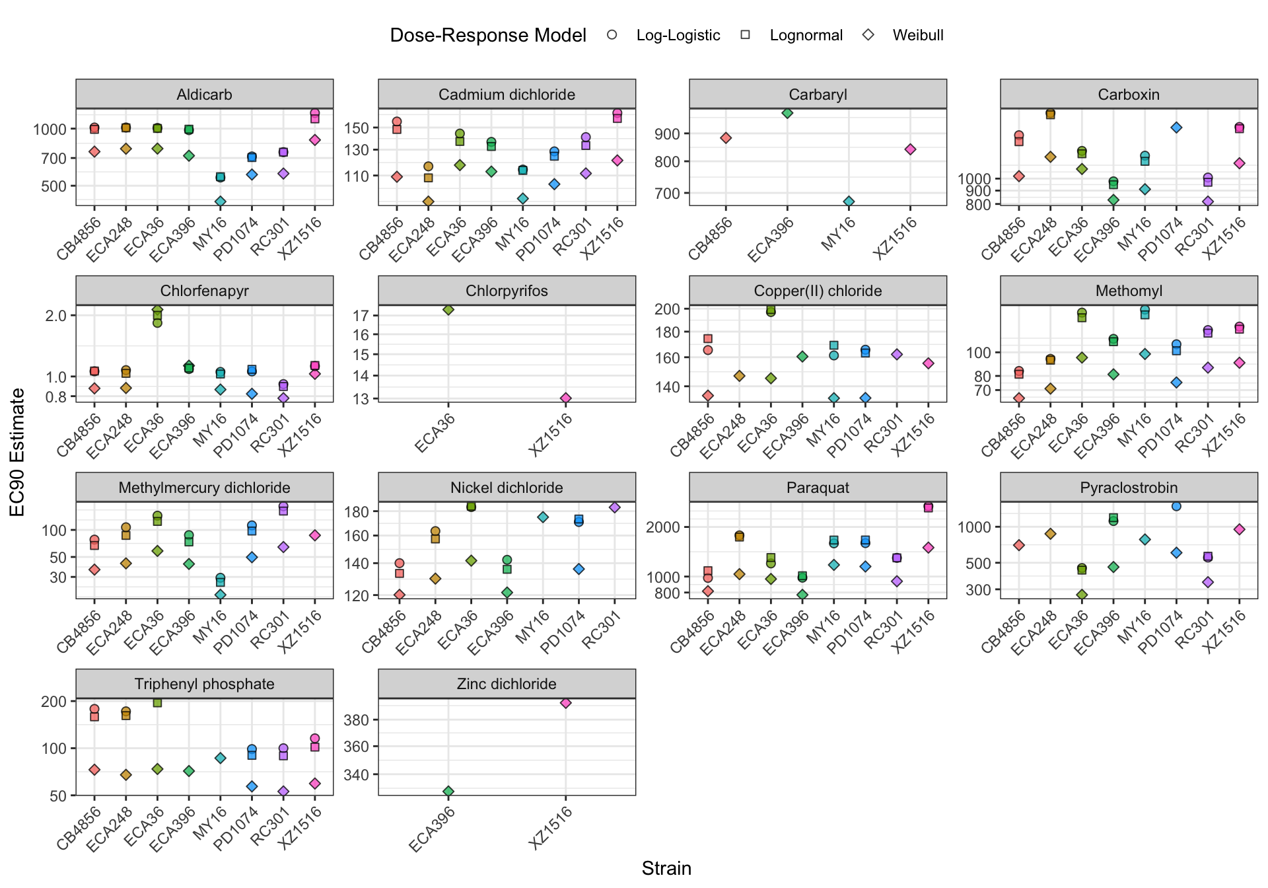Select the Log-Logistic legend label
pos(678,35)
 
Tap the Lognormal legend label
pos(806,35)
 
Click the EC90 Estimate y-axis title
pos(18,452)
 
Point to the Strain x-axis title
pos(666,868)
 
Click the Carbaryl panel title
pos(818,94)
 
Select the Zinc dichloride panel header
pos(507,684)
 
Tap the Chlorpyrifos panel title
pos(507,291)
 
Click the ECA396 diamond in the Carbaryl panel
pos(787,113)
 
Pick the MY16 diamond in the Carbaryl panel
pos(849,202)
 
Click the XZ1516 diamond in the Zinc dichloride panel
pos(565,703)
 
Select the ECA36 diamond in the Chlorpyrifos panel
pos(448,309)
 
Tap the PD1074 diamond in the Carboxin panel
pos(1176,128)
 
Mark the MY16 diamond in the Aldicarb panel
pos(221,202)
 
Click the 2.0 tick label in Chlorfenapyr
pos(56,316)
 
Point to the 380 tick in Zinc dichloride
pos(356,720)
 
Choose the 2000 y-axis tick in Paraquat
pos(662,527)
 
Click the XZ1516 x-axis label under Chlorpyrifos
pos(551,434)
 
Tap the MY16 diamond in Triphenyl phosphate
pos(221,758)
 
